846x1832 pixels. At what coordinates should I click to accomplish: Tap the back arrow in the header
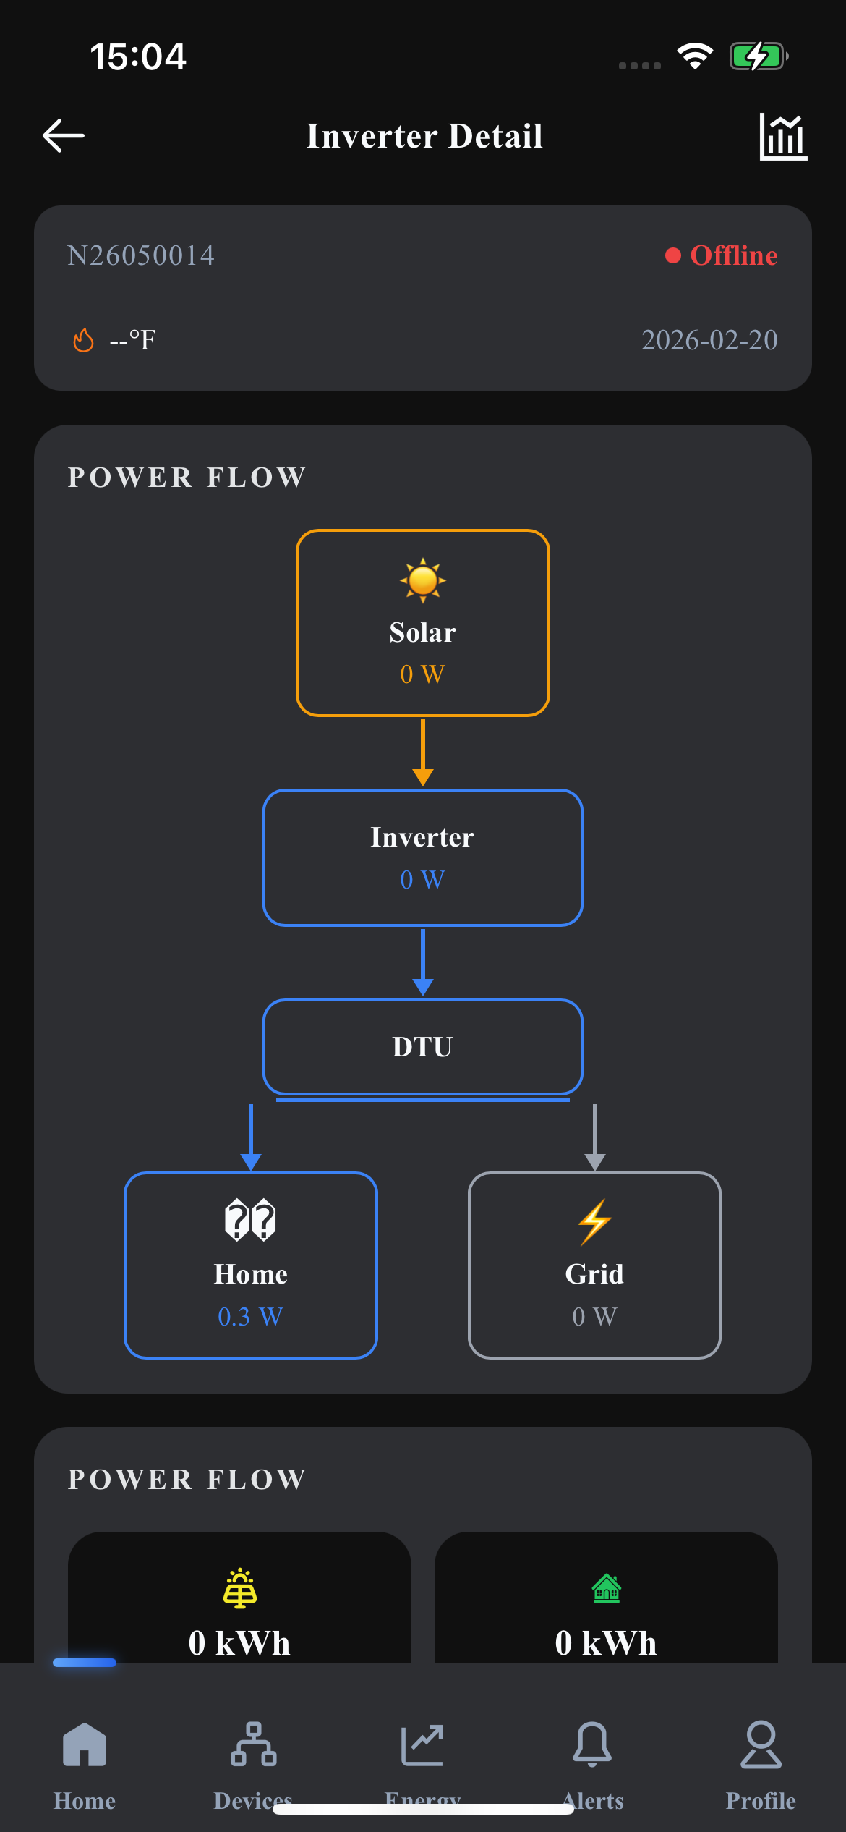pyautogui.click(x=64, y=136)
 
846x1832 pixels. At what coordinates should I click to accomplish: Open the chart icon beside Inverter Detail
pyautogui.click(x=783, y=136)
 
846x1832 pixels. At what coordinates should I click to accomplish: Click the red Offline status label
pyautogui.click(x=733, y=255)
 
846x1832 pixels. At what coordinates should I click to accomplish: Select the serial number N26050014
pyautogui.click(x=141, y=255)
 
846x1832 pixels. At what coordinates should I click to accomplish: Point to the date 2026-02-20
pyautogui.click(x=709, y=340)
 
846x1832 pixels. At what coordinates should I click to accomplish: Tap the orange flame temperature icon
pyautogui.click(x=84, y=339)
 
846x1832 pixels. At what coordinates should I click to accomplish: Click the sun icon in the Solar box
pyautogui.click(x=423, y=580)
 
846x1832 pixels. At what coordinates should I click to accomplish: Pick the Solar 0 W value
pyautogui.click(x=423, y=674)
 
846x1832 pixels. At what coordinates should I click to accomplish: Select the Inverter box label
pyautogui.click(x=423, y=837)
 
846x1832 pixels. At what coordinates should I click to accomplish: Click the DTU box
pyautogui.click(x=423, y=1047)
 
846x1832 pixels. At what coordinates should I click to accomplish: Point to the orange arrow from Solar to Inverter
pyautogui.click(x=423, y=752)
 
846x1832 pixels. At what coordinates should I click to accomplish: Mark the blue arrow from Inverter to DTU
pyautogui.click(x=423, y=962)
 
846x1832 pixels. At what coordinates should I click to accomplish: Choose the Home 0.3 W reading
pyautogui.click(x=251, y=1317)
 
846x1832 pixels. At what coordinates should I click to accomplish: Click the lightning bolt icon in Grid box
pyautogui.click(x=594, y=1222)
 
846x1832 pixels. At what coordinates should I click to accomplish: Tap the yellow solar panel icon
pyautogui.click(x=240, y=1589)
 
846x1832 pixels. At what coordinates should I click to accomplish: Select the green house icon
pyautogui.click(x=607, y=1589)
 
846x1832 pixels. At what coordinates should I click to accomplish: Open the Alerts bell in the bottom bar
pyautogui.click(x=592, y=1744)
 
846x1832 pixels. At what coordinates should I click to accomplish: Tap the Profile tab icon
pyautogui.click(x=761, y=1744)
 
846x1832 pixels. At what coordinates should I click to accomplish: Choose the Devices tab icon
pyautogui.click(x=254, y=1744)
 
